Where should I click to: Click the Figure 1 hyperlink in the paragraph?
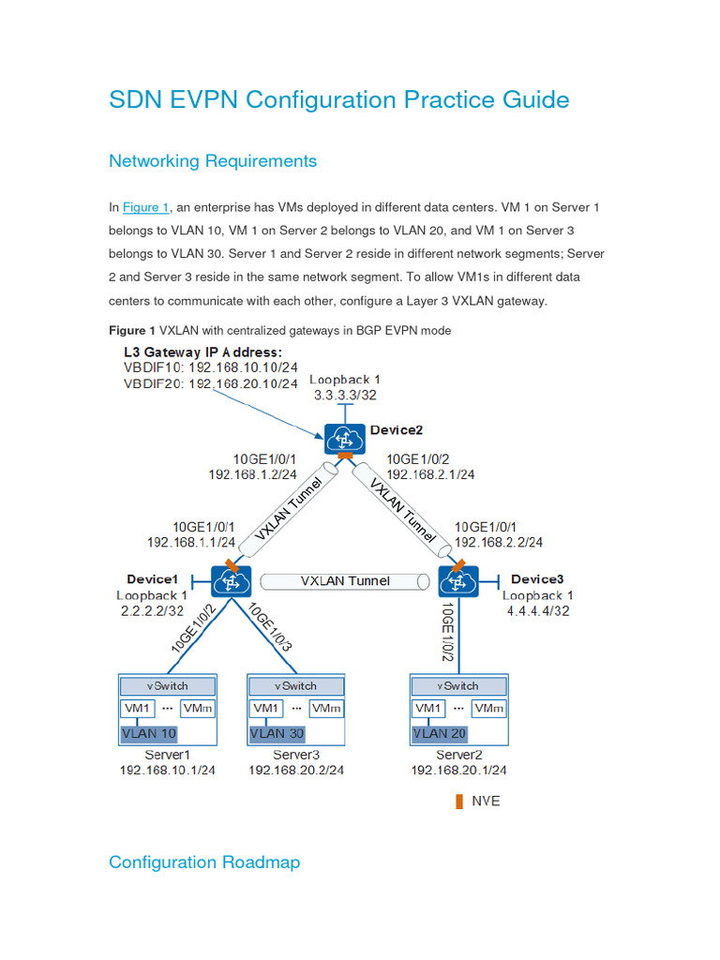click(145, 208)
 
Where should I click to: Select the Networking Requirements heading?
click(213, 161)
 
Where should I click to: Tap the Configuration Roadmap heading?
click(204, 862)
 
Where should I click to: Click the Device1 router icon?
click(229, 581)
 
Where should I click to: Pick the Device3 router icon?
click(458, 581)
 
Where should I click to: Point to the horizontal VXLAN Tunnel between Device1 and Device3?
click(344, 581)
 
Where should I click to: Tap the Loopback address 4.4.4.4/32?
click(536, 610)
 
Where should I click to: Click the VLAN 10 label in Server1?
click(149, 733)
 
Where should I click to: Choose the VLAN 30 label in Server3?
click(278, 733)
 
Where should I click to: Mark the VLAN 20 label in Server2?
click(442, 733)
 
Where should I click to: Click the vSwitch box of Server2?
click(458, 685)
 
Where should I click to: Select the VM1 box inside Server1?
click(137, 709)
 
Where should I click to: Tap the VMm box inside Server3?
click(325, 709)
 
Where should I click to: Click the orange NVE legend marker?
click(458, 802)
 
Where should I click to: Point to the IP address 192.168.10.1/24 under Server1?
click(167, 771)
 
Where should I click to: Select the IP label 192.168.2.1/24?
click(430, 474)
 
